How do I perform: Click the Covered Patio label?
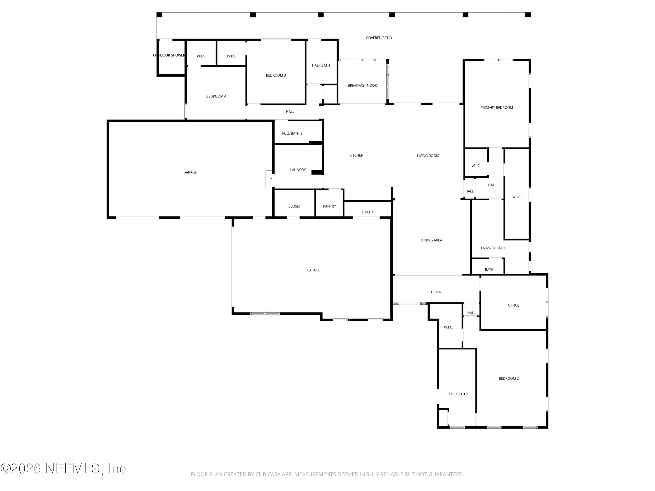pos(379,38)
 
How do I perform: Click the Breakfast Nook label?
pos(362,86)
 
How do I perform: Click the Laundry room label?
pos(298,170)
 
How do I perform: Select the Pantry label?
pos(329,206)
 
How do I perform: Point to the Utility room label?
pos(367,212)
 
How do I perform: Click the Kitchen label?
pos(356,155)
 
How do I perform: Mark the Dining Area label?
pos(431,240)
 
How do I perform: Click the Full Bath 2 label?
pos(457,394)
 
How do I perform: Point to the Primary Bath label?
pos(493,248)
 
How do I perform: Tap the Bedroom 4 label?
pos(216,96)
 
